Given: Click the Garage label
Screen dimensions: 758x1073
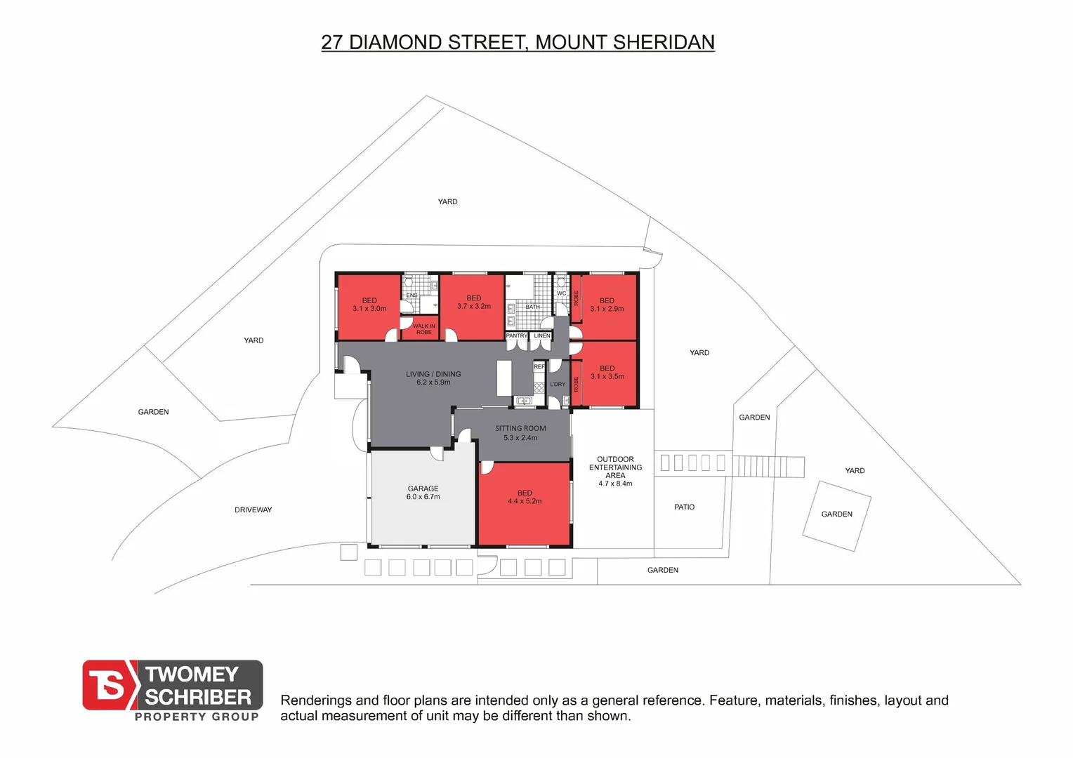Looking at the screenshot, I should [x=423, y=493].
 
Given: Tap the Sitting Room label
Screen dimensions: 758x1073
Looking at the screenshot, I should [x=520, y=433].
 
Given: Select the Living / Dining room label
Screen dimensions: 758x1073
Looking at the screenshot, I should [x=433, y=378].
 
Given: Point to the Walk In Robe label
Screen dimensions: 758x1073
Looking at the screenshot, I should [x=423, y=329].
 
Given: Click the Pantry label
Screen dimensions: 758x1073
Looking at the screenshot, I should [x=516, y=336].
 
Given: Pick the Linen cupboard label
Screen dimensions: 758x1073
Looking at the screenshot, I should [x=542, y=336].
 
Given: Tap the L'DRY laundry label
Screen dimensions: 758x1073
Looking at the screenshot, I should [x=558, y=385].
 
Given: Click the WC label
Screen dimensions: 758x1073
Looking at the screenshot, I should [x=561, y=293].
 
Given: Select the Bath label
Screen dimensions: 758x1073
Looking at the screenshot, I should [x=533, y=307].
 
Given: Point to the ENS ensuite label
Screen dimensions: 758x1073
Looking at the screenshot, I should [x=412, y=295].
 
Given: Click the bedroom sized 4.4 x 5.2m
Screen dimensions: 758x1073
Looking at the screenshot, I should [x=525, y=497].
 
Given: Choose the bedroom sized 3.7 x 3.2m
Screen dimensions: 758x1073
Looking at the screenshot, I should [x=474, y=302].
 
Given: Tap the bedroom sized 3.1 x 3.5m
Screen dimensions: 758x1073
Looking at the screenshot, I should [x=607, y=373].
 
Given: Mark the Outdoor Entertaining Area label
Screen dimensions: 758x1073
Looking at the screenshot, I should [x=615, y=471].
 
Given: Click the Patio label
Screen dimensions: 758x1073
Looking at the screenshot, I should [x=684, y=507].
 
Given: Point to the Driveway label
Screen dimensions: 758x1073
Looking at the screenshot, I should [x=253, y=510].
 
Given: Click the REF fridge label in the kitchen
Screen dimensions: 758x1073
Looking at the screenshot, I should [x=539, y=367].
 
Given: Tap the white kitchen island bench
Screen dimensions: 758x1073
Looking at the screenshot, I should [x=504, y=378].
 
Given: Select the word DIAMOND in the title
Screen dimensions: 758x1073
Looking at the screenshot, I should [x=395, y=42].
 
